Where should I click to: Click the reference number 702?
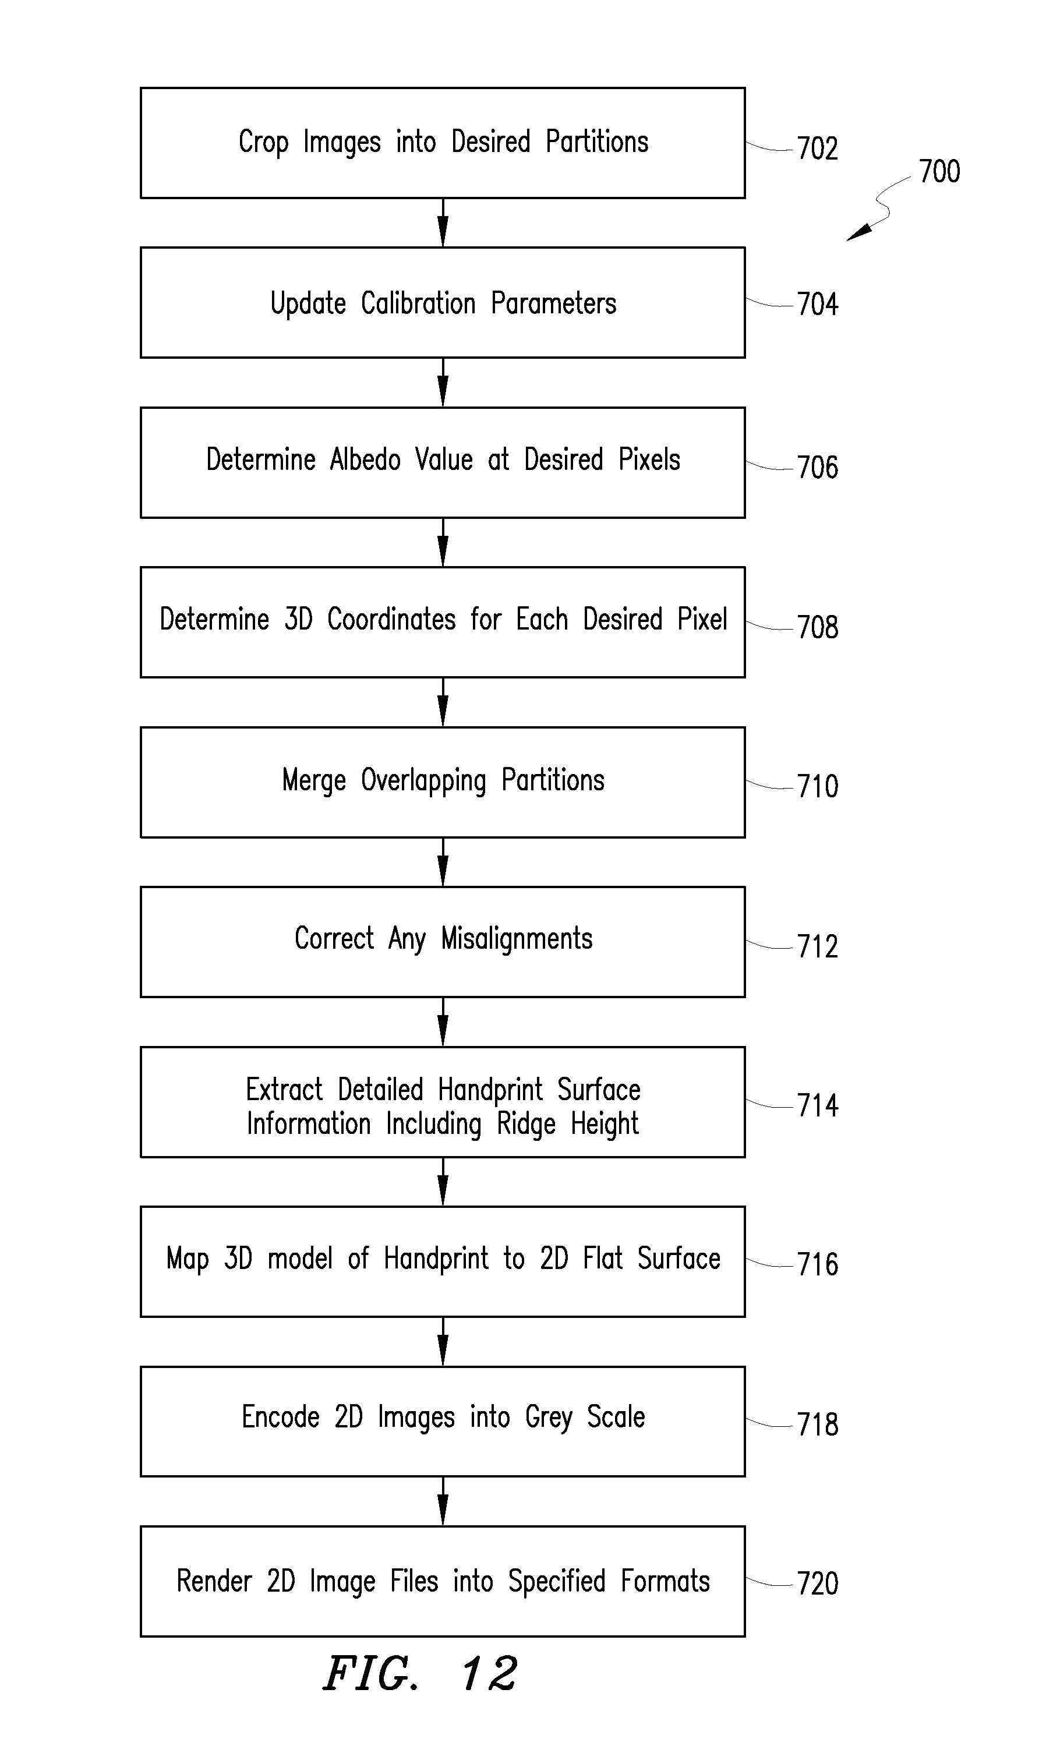click(817, 149)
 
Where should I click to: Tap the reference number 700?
click(939, 172)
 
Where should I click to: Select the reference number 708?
click(817, 627)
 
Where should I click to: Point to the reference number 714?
click(817, 1105)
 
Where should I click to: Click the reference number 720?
click(817, 1584)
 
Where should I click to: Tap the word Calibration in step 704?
click(418, 303)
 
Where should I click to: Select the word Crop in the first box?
click(263, 143)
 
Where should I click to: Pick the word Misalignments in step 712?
click(517, 939)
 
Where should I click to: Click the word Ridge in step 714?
click(526, 1125)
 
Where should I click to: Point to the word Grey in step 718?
click(548, 1418)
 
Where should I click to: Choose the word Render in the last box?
click(214, 1582)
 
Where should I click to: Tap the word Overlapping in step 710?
click(423, 780)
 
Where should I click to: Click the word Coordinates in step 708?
click(391, 620)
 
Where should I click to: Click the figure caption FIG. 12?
click(420, 1674)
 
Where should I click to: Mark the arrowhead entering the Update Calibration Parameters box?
click(443, 232)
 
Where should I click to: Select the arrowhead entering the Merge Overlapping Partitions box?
click(443, 711)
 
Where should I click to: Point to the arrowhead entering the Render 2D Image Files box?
click(443, 1510)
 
